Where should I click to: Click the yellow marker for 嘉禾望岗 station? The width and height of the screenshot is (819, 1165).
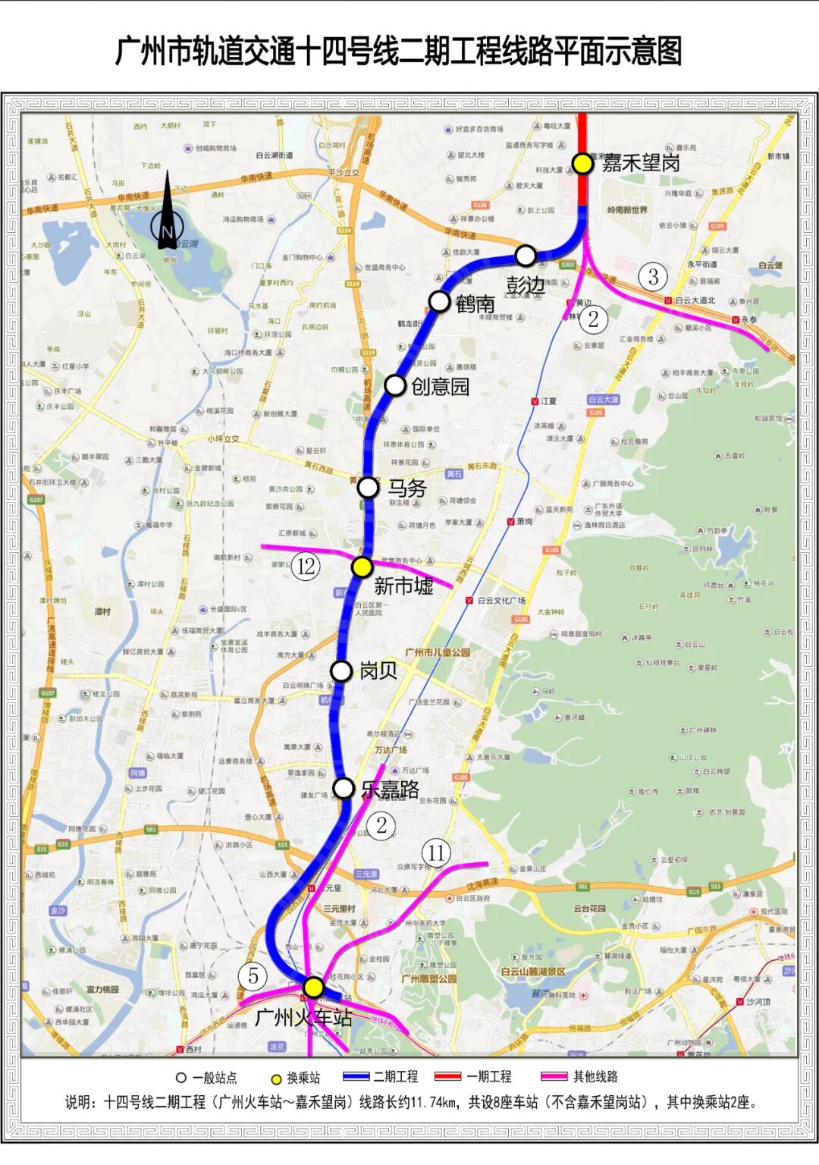582,163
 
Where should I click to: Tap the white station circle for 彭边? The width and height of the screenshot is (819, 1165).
526,256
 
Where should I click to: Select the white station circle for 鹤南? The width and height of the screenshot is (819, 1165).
439,301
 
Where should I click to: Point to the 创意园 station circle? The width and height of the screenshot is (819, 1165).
394,385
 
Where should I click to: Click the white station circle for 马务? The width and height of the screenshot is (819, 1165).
368,487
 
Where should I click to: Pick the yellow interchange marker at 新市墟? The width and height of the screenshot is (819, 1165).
362,567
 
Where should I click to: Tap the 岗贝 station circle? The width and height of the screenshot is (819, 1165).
341,671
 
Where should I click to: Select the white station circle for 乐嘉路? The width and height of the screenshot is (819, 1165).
344,788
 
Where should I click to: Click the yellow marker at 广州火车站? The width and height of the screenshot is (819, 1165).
313,987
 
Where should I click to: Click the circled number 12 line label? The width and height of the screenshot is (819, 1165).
306,567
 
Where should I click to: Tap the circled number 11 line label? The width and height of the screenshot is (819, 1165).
435,853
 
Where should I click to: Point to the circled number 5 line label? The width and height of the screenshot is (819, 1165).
253,976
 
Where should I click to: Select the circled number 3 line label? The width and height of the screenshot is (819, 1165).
653,277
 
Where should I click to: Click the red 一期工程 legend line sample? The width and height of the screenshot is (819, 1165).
447,1076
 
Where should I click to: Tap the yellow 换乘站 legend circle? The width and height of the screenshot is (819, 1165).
277,1078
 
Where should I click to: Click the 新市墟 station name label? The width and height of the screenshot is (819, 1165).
403,586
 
